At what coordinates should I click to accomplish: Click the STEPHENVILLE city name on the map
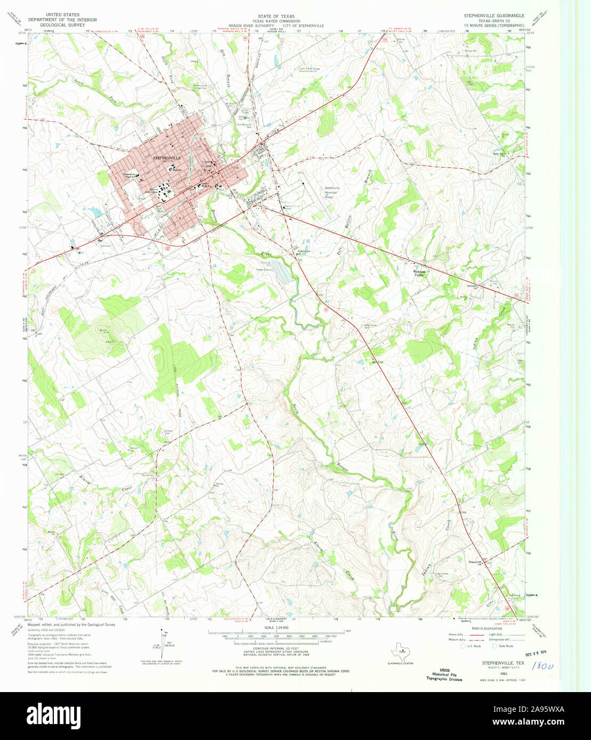167,158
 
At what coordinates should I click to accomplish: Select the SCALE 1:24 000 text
277,627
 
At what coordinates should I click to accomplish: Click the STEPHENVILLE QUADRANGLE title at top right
493,16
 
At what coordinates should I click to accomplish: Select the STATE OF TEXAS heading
276,17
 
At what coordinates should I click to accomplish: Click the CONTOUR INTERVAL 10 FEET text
276,647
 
